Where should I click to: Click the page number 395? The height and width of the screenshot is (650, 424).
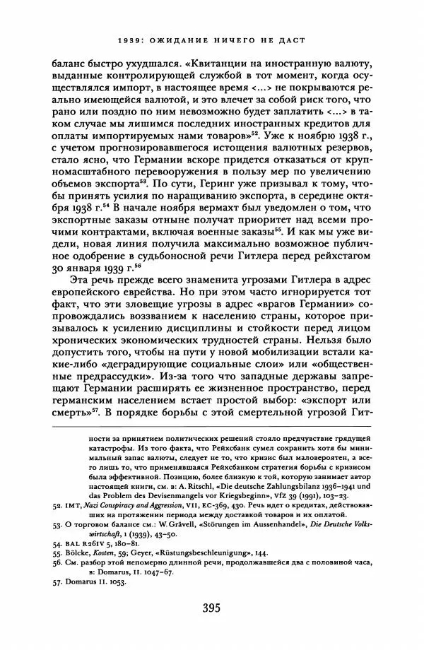(211, 607)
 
